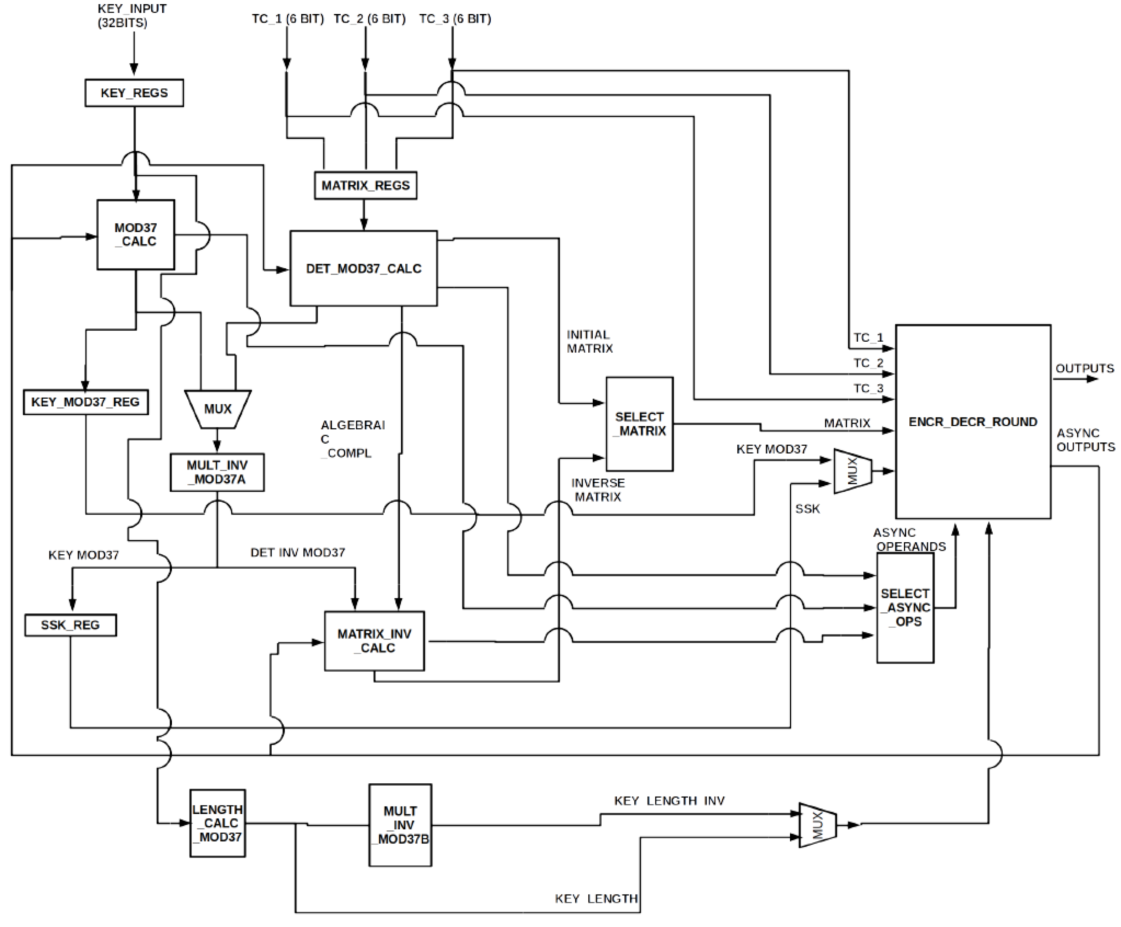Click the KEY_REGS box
[134, 93]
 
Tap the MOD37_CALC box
[135, 235]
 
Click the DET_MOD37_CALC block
[363, 269]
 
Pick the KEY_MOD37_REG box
[85, 402]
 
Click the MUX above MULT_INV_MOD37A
[218, 409]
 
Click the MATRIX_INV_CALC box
[374, 641]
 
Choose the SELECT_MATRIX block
[639, 424]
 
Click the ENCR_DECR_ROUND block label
[973, 422]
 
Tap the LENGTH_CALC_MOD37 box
[217, 823]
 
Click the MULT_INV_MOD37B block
[400, 825]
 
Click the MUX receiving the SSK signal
[852, 471]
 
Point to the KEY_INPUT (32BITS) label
[132, 15]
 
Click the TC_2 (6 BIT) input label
[369, 19]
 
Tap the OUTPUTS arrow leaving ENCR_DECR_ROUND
[1076, 379]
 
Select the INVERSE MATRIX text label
[598, 490]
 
